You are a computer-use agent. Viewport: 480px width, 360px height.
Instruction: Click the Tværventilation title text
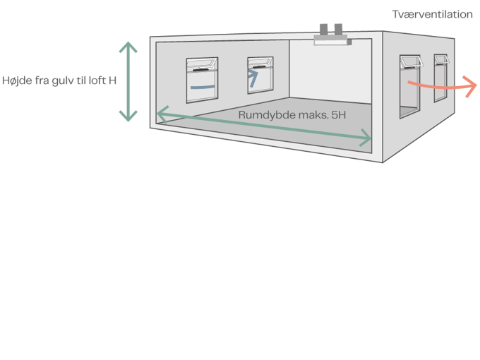[432, 15]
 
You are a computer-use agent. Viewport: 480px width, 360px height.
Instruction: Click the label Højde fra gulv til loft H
[59, 80]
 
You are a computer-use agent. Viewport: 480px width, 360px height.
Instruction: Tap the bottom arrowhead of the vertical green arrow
[128, 116]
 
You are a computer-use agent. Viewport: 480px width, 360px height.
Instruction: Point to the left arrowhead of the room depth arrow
[162, 112]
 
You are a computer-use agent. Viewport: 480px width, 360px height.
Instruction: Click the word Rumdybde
[261, 114]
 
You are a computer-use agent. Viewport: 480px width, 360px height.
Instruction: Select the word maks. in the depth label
[308, 114]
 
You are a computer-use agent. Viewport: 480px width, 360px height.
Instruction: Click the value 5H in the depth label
[340, 114]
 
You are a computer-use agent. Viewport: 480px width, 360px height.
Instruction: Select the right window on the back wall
[260, 76]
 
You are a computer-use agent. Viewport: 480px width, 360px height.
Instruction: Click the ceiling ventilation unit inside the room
[331, 42]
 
